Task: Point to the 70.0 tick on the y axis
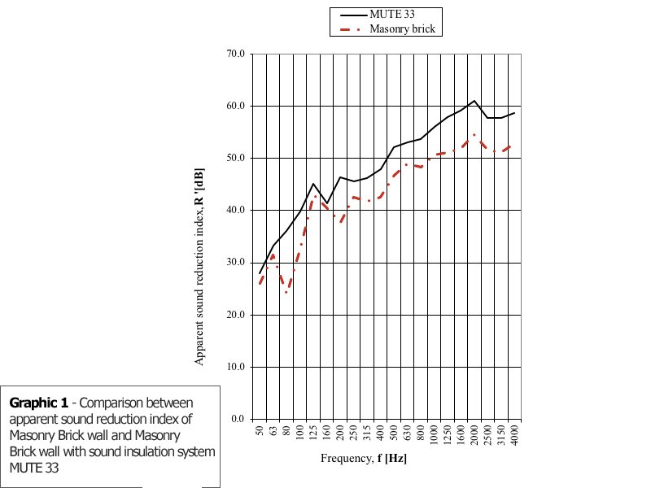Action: [x=235, y=54]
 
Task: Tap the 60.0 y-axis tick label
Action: [x=235, y=106]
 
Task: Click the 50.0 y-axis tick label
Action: [x=235, y=158]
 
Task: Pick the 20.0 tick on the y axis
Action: [x=235, y=315]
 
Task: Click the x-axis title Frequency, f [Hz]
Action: [x=364, y=459]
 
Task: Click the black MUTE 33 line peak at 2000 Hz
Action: [x=474, y=101]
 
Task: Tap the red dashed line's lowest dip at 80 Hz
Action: [x=286, y=292]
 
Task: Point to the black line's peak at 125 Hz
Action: [x=313, y=184]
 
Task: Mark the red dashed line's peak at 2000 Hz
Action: [x=474, y=134]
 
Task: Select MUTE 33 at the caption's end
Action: [x=28, y=468]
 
